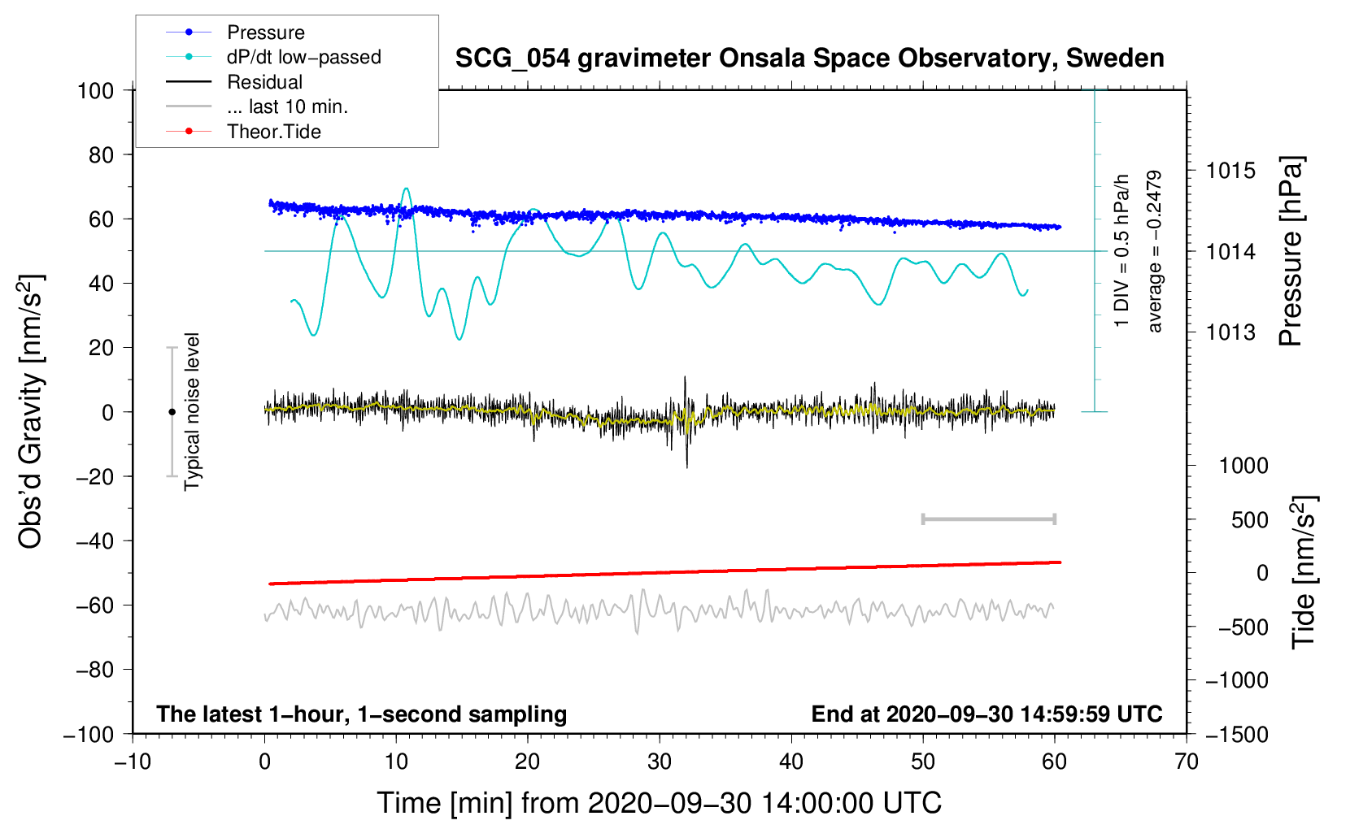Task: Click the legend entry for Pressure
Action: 235,32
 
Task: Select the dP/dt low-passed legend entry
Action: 273,57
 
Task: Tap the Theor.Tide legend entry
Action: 243,132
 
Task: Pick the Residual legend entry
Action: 234,82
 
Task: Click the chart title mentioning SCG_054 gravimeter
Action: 809,58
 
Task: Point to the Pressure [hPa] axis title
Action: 1291,251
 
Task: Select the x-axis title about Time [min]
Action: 660,803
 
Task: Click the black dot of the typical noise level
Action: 172,412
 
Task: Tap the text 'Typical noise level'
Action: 192,411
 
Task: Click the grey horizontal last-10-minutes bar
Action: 988,519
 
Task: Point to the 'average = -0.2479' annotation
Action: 1154,251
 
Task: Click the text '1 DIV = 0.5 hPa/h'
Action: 1121,251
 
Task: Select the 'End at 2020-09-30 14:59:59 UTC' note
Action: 986,714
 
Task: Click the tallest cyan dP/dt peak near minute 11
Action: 406,189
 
